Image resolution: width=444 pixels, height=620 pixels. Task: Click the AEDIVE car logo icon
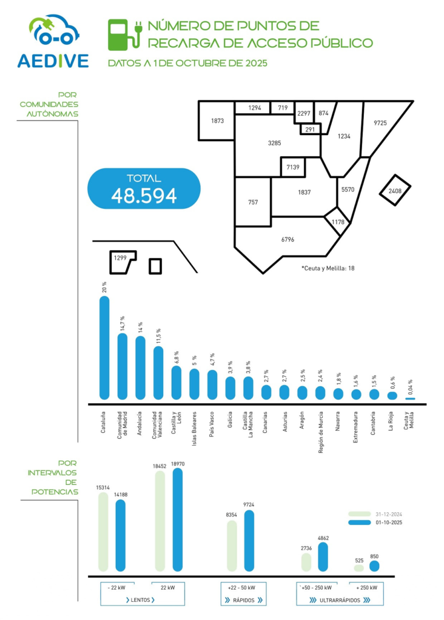point(53,31)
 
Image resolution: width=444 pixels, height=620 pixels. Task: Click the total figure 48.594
point(144,195)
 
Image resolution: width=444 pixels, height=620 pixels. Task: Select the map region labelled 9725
point(380,123)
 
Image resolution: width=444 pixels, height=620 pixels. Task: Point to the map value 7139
point(293,166)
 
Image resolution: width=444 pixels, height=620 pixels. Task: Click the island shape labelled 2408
point(394,192)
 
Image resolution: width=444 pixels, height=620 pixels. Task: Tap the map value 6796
point(288,240)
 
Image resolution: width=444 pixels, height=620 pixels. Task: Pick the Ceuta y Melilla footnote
point(328,267)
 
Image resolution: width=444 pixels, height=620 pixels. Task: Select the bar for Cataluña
point(104,348)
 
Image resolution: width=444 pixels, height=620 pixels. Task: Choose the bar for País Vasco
point(212,384)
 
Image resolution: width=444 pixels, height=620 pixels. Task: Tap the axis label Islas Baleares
point(194,425)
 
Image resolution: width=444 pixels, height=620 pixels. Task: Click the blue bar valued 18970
point(177,519)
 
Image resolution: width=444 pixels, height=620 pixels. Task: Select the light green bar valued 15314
point(103,532)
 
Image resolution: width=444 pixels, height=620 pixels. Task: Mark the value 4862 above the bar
point(323,537)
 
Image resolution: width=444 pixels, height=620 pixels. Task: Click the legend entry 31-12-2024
point(388,513)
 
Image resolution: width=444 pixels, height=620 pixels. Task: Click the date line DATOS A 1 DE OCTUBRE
point(187,63)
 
